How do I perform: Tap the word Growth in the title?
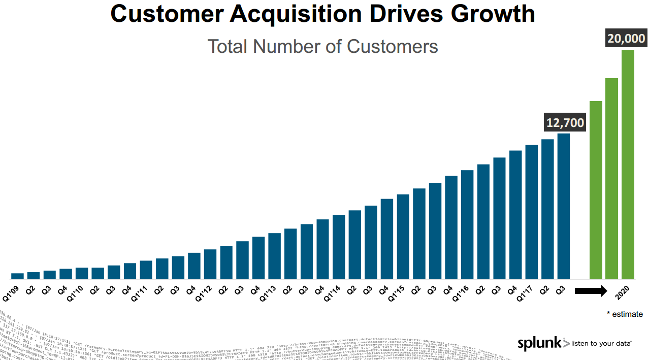pos(493,14)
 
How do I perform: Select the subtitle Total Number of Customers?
pos(322,46)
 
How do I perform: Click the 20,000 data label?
pos(626,39)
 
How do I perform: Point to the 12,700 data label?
pos(565,122)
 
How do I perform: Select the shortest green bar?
pos(596,190)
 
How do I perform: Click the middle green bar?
pos(611,178)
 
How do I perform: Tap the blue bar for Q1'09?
pos(17,276)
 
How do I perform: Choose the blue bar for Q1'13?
pos(274,256)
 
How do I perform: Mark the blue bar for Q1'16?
pos(467,224)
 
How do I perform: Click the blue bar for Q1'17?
pos(531,212)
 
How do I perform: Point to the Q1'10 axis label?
pos(75,294)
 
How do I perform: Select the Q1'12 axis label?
pos(203,294)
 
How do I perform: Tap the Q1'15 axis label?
pos(396,294)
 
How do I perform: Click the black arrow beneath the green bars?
pos(591,291)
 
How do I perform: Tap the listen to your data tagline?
pos(601,344)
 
